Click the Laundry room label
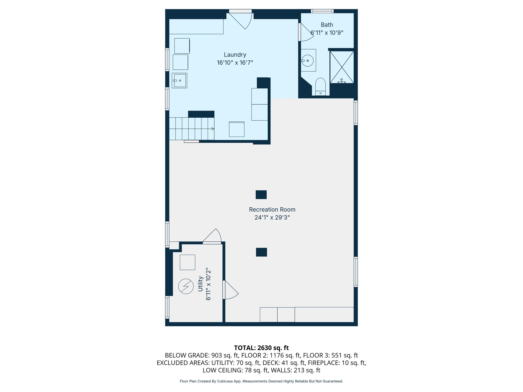point(235,55)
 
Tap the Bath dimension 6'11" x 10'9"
point(327,33)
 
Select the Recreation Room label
point(272,210)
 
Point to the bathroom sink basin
point(308,60)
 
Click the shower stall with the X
point(342,67)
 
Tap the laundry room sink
point(179,81)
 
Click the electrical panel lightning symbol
point(186,286)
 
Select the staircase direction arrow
point(212,129)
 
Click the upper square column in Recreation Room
point(261,194)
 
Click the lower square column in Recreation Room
point(261,252)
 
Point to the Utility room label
point(200,284)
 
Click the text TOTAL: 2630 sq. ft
point(261,348)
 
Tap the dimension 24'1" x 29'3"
point(272,217)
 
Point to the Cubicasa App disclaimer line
point(261,381)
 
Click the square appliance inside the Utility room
point(187,262)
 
